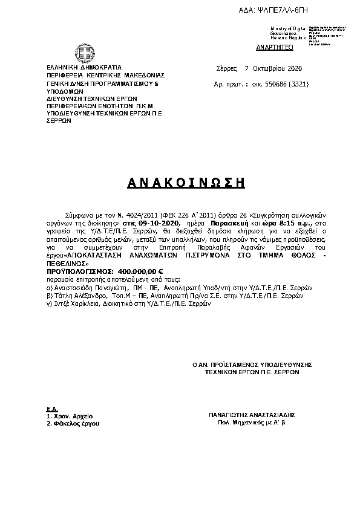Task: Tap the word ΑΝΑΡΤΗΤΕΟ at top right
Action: click(x=275, y=47)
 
